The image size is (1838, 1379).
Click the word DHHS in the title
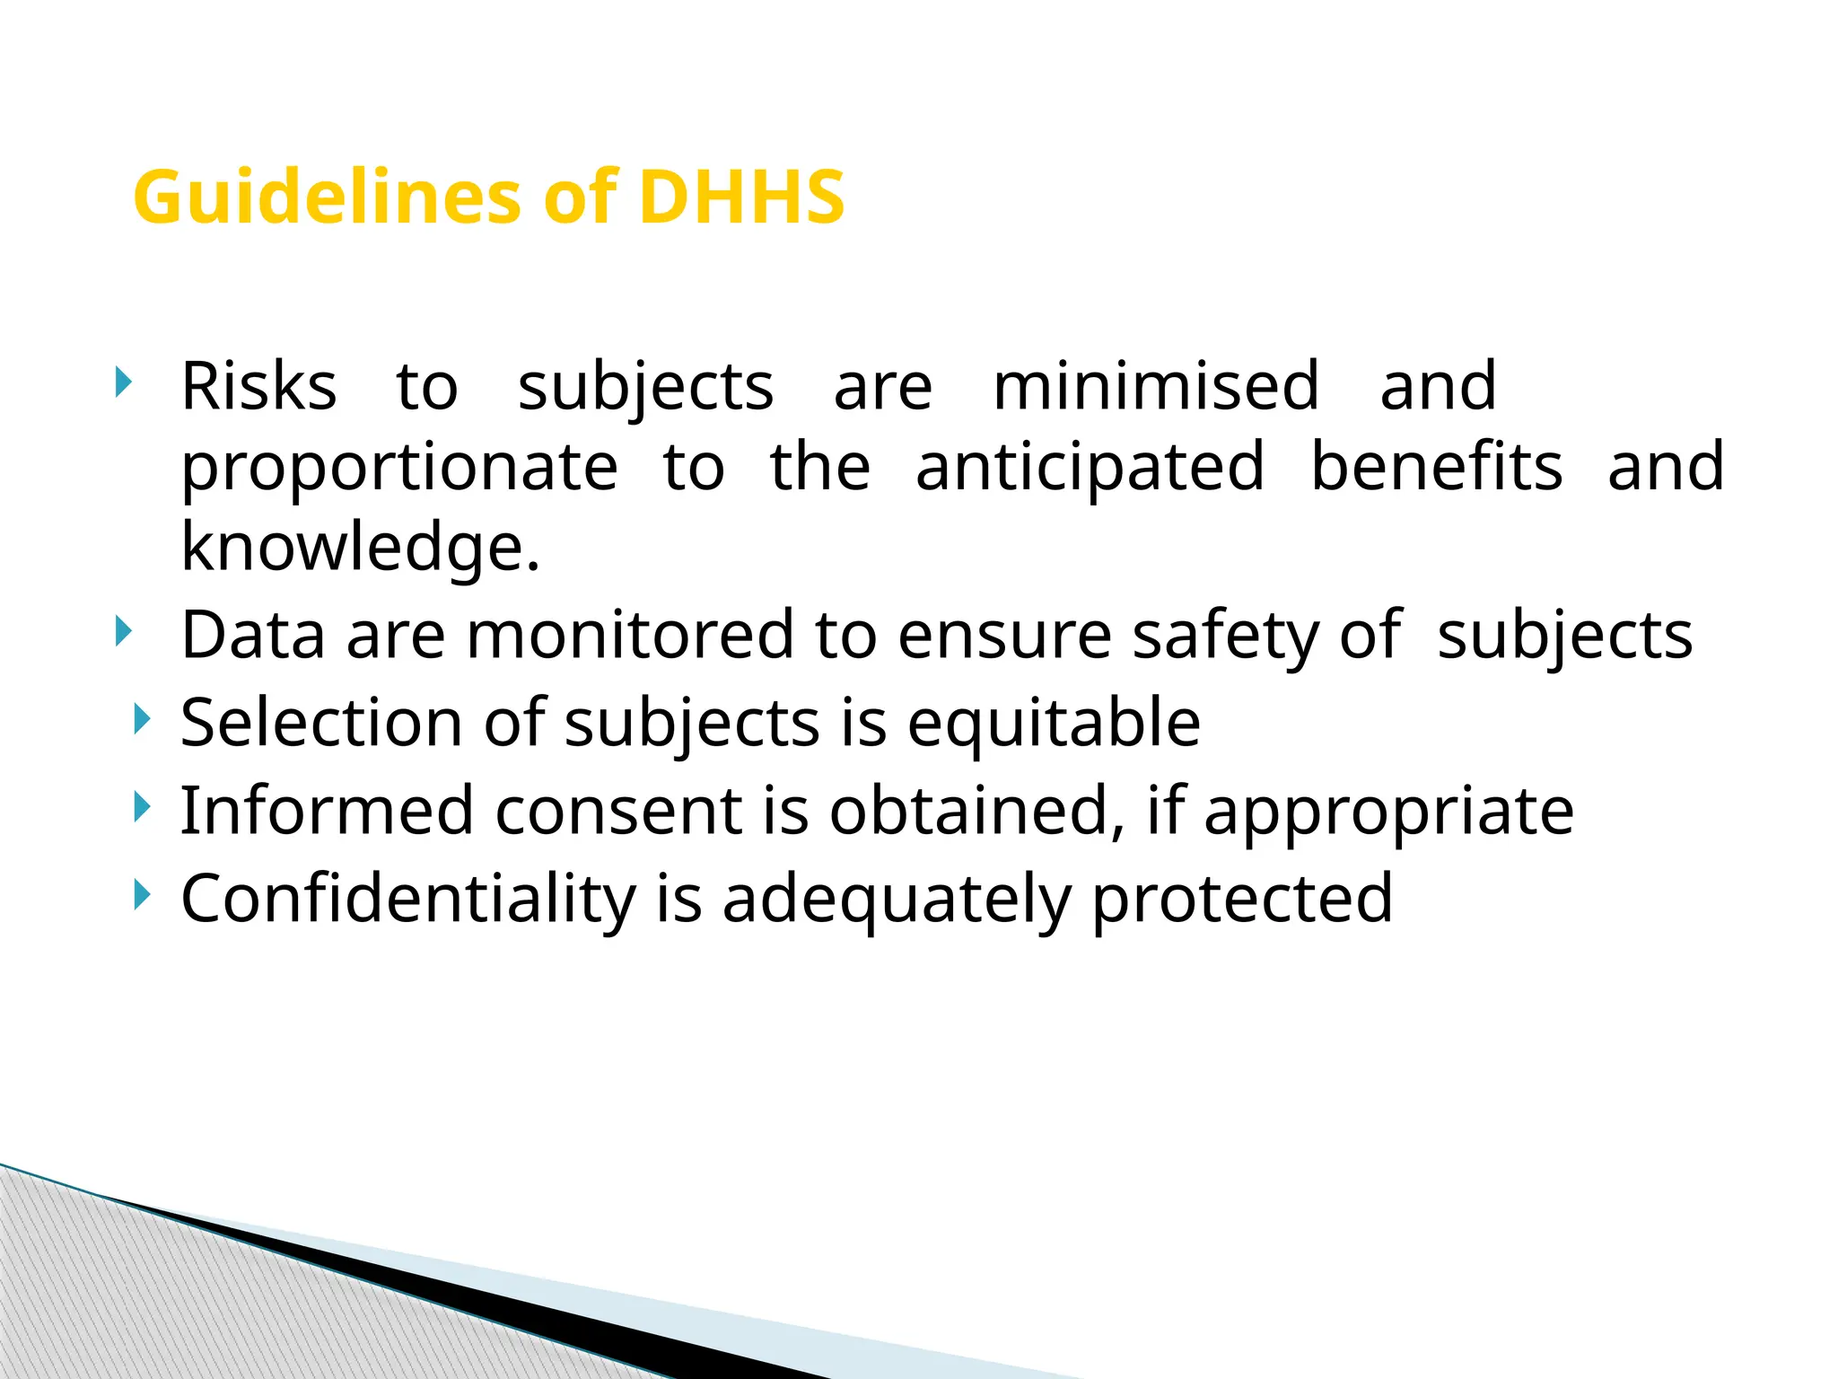(x=741, y=198)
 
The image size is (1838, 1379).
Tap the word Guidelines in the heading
(x=326, y=198)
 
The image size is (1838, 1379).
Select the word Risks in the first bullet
(x=258, y=387)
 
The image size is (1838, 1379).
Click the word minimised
(x=1156, y=387)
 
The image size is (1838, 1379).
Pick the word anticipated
(x=1090, y=467)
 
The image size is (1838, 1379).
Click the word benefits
(x=1436, y=467)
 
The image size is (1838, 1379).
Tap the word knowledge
(x=360, y=548)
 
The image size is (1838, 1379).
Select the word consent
(x=618, y=811)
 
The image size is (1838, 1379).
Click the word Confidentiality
(x=408, y=899)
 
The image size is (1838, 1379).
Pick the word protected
(x=1242, y=899)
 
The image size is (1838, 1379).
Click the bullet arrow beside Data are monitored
(x=124, y=632)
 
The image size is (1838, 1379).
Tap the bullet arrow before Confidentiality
(x=142, y=895)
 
